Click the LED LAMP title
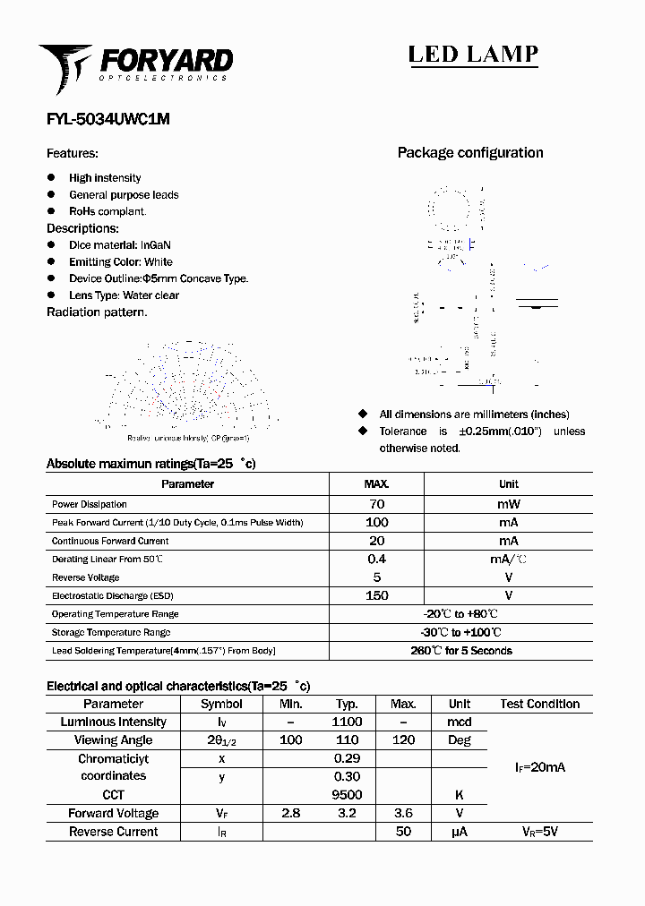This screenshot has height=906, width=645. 473,55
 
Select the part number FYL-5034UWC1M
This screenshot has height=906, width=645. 107,118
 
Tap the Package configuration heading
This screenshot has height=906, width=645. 469,153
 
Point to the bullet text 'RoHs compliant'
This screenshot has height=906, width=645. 107,211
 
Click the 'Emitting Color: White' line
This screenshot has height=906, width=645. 120,262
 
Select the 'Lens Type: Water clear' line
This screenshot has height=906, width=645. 124,295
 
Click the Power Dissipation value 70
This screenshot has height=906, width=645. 376,504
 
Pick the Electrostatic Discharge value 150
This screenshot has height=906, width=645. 376,595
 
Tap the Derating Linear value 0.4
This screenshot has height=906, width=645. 376,559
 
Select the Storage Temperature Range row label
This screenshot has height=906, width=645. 111,632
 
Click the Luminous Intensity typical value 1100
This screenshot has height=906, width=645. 347,722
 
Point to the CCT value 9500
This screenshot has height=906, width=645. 347,795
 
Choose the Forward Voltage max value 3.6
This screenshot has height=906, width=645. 403,813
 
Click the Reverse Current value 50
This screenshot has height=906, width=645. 403,832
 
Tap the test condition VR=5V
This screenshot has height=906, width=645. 539,832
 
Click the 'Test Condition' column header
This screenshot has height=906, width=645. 539,704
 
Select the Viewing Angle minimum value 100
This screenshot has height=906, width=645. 290,740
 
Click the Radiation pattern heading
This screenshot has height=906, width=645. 97,312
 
